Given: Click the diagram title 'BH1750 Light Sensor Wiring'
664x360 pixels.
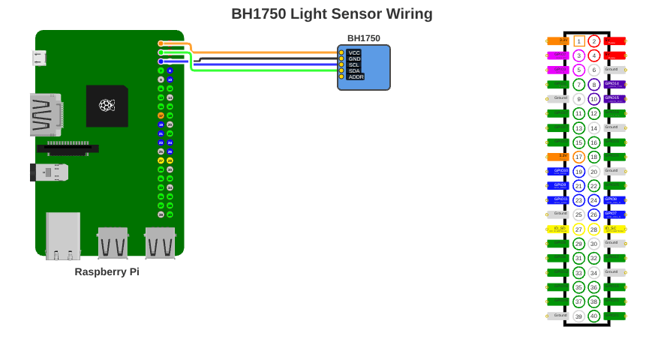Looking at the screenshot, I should coord(332,13).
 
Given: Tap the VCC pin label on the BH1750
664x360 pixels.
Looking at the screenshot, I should coord(354,52).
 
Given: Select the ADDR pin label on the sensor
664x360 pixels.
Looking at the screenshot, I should coord(356,76).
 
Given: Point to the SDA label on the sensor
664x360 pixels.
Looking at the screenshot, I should coord(354,70).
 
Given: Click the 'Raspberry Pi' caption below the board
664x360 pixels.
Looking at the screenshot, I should coord(107,271).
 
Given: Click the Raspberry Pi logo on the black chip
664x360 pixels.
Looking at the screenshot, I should coord(107,105).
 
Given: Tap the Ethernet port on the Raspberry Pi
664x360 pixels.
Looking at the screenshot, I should coord(63,235).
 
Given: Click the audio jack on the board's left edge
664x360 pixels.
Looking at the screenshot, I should coord(50,172).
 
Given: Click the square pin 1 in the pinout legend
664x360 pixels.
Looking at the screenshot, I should coord(578,41).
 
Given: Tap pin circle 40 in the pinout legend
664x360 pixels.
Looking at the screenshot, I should coord(594,316).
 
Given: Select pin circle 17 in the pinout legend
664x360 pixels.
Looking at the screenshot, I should coord(578,157).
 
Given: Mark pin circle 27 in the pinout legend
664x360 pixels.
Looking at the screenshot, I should coord(578,229).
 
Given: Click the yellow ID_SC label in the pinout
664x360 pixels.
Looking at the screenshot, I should coord(614,229).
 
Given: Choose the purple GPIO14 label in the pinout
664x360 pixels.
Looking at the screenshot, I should coord(614,85).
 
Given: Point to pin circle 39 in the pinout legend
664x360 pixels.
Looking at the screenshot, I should coord(578,316).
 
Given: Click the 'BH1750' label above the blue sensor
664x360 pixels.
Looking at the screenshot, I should coord(363,38).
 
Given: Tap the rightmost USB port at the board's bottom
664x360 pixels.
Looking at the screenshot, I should coord(160,243).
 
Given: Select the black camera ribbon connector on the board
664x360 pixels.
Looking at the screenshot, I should coord(68,148).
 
